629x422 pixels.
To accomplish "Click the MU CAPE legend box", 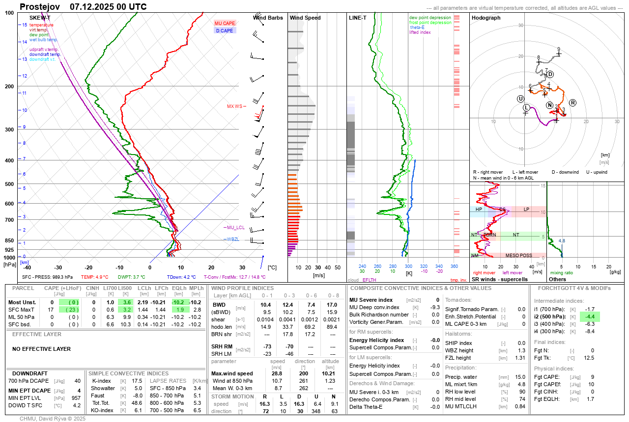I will click(225, 23).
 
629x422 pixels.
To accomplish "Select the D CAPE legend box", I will click(225, 30).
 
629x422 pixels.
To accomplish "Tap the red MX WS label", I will click(234, 106).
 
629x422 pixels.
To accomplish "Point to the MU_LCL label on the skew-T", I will click(235, 228).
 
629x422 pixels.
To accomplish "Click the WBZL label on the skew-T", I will click(232, 239).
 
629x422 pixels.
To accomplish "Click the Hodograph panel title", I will click(486, 18).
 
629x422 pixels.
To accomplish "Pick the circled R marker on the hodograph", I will click(573, 102).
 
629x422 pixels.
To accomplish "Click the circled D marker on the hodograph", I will click(550, 74).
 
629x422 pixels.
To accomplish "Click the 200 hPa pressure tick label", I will click(9, 86).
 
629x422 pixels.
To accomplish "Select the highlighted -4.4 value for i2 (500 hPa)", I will click(589, 317).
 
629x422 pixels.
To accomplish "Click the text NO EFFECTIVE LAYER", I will click(41, 349).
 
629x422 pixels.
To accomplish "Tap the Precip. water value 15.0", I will click(520, 377).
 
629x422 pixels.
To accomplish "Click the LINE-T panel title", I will click(357, 18).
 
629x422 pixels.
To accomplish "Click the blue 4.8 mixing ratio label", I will click(562, 241).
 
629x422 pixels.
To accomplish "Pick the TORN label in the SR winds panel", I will click(489, 235).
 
